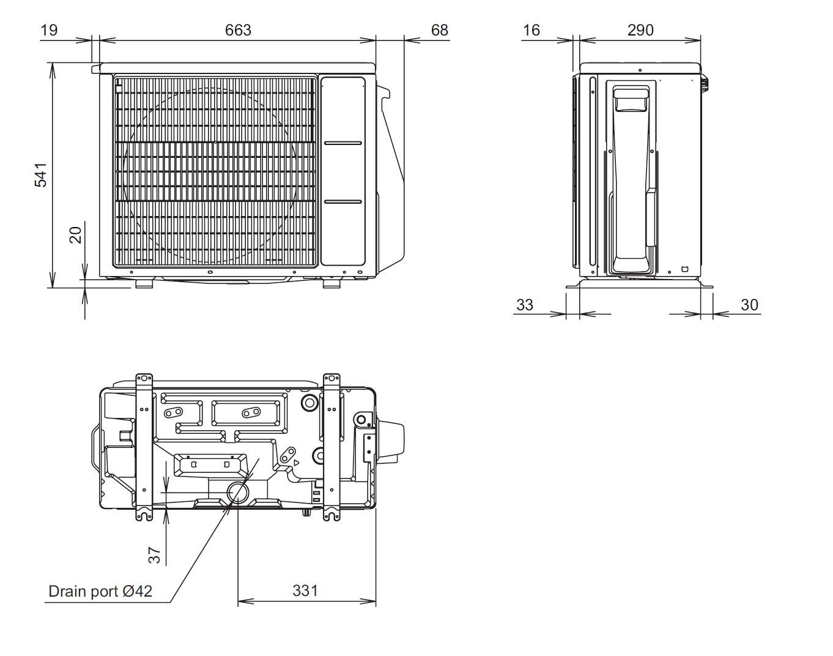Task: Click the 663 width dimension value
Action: pyautogui.click(x=238, y=30)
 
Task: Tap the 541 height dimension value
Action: pyautogui.click(x=40, y=174)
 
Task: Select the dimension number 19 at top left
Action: pyautogui.click(x=49, y=30)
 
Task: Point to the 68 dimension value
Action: pyautogui.click(x=439, y=30)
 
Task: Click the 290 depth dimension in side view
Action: pyautogui.click(x=640, y=30)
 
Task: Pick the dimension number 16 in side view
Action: pyautogui.click(x=531, y=30)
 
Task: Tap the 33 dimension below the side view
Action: pyautogui.click(x=525, y=305)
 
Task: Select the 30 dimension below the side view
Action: pyautogui.click(x=749, y=305)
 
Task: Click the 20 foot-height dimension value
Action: pyautogui.click(x=75, y=235)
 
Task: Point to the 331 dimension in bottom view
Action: pyautogui.click(x=305, y=591)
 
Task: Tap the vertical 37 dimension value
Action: pyautogui.click(x=154, y=555)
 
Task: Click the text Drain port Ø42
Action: pyautogui.click(x=100, y=591)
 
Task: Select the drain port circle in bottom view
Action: pyautogui.click(x=238, y=492)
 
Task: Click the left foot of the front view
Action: pyautogui.click(x=144, y=283)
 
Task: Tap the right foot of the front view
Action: pyautogui.click(x=331, y=283)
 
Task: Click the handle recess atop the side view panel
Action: pyautogui.click(x=631, y=100)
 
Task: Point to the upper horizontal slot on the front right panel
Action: pyautogui.click(x=343, y=143)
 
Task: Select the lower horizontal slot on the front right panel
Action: pyautogui.click(x=343, y=201)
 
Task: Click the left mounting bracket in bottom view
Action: pyautogui.click(x=144, y=447)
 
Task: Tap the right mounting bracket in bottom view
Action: pyautogui.click(x=331, y=447)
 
